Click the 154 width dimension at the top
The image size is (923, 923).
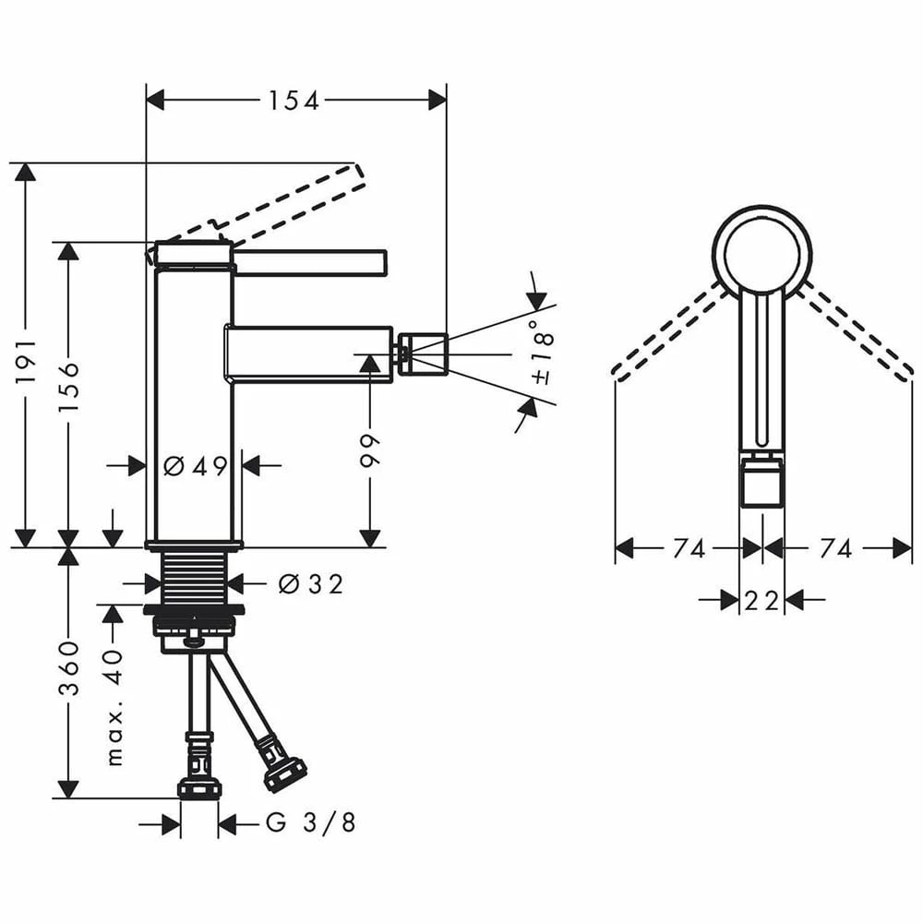click(294, 101)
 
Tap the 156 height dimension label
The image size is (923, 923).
click(69, 387)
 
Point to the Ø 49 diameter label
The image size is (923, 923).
click(195, 466)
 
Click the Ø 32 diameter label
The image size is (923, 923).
click(310, 584)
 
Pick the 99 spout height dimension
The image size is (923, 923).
click(370, 450)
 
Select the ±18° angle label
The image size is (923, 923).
click(543, 353)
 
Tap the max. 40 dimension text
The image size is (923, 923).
click(114, 705)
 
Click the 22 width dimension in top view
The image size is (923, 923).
click(761, 601)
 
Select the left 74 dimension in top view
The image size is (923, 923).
click(689, 548)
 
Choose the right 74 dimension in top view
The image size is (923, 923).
click(835, 548)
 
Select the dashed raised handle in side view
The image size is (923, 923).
click(277, 203)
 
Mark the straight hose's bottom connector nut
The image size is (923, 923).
click(199, 787)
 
